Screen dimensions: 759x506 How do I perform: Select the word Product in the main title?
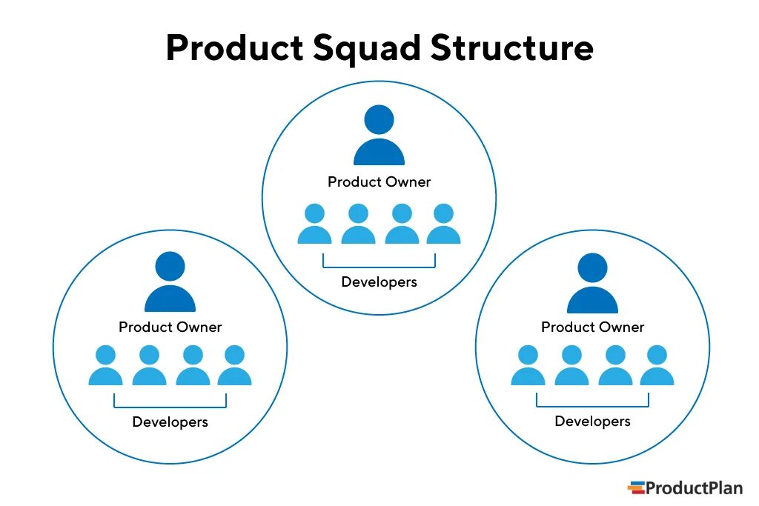point(231,48)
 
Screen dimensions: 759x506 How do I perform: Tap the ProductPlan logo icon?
point(635,487)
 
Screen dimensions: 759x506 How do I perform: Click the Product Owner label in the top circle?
point(379,182)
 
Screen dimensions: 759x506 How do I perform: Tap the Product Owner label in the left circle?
point(170,327)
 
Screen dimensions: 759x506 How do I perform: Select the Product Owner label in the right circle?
point(592,327)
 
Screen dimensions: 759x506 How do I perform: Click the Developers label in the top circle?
point(379,282)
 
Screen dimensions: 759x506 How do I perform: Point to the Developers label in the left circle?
point(170,422)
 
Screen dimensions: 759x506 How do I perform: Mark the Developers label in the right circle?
point(592,422)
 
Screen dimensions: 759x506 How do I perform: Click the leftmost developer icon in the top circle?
point(314,224)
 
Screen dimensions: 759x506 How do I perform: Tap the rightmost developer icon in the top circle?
point(443,224)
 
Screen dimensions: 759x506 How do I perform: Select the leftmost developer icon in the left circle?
point(105,366)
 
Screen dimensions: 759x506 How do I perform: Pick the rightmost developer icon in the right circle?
point(657,366)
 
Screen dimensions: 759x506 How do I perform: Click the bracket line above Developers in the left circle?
point(170,407)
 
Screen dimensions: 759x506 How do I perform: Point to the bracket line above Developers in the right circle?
point(592,406)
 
